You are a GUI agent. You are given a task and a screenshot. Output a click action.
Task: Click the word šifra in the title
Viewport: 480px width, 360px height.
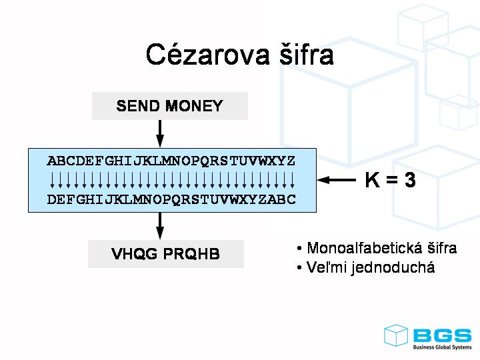pos(303,55)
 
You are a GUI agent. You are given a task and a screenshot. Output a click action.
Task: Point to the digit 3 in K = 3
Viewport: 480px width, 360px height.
pos(409,180)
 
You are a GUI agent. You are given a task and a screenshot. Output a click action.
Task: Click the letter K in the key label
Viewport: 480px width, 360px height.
pos(372,180)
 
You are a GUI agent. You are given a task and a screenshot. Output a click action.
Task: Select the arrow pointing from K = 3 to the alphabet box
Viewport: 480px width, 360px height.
pos(337,180)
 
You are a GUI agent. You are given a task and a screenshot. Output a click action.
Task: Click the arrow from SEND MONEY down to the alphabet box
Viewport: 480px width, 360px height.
pos(160,133)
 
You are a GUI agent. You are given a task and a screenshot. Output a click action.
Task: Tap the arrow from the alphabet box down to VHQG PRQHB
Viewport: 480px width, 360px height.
pos(160,226)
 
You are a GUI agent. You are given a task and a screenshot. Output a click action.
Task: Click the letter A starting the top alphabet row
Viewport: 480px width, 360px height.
pos(51,161)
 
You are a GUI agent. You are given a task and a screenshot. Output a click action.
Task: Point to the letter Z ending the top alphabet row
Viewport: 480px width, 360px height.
pos(291,161)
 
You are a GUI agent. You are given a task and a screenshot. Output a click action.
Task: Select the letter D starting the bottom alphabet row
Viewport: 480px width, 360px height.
pos(51,199)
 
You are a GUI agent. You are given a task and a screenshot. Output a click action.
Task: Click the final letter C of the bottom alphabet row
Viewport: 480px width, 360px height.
pos(291,199)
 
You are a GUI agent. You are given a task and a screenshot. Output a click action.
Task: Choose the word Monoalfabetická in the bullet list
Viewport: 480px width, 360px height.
pos(357,249)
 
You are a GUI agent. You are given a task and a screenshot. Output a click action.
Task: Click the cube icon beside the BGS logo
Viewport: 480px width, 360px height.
pos(396,335)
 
